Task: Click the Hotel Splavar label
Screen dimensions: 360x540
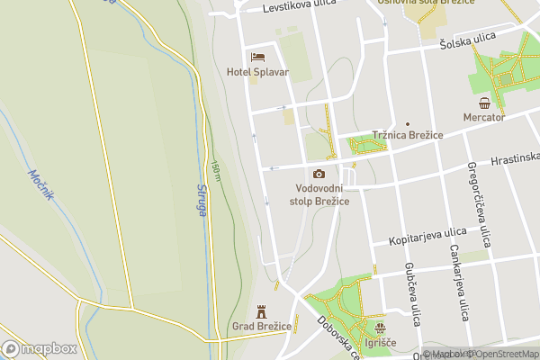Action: (257, 72)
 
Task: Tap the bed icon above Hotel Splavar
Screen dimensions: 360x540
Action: (257, 57)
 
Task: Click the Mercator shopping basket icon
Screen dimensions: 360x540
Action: (484, 102)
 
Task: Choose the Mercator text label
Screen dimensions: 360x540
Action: (484, 117)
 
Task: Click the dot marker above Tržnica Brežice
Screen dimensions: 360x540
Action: (407, 123)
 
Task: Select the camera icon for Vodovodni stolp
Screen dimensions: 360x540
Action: (319, 174)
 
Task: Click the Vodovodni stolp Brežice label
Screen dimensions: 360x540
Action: (319, 193)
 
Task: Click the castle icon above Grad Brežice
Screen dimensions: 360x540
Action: (263, 310)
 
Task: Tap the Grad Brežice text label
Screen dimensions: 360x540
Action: (263, 325)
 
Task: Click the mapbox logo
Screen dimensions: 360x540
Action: (40, 348)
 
